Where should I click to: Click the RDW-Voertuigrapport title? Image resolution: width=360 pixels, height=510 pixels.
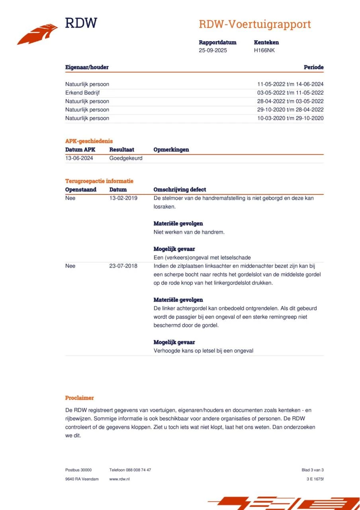pos(254,24)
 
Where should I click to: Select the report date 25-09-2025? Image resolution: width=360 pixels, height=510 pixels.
pos(213,50)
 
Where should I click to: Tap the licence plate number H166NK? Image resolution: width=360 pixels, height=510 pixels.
pos(264,50)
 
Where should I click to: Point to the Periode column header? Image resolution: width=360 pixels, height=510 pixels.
pos(313,67)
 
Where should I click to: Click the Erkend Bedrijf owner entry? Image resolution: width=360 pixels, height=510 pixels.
pos(82,93)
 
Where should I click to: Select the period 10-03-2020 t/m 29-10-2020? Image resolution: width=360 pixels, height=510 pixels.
pos(290,118)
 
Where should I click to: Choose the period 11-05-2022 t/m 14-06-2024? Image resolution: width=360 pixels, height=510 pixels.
pos(290,84)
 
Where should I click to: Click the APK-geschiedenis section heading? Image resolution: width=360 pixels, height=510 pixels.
pos(89,141)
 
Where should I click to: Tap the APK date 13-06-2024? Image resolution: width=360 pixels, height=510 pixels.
pos(79,158)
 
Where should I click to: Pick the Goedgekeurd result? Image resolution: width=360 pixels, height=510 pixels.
pos(126,158)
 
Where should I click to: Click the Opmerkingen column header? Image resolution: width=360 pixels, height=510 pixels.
pos(171,150)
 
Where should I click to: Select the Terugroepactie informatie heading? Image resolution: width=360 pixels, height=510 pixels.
pos(99,181)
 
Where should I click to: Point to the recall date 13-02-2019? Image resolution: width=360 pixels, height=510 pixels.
pos(123,198)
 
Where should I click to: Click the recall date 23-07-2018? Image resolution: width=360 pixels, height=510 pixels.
pos(123,266)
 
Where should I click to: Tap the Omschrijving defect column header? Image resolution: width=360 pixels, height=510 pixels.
pos(180,190)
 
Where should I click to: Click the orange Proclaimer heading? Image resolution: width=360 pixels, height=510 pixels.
pos(80,398)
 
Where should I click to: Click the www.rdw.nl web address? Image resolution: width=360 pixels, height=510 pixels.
pos(119,479)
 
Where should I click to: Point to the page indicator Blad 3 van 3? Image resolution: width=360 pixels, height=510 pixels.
pos(312,470)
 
